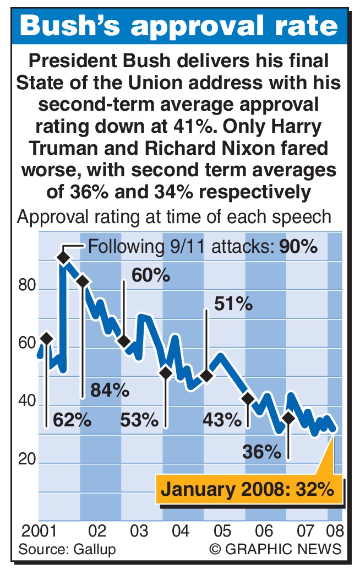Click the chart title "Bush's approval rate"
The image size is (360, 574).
[x=180, y=27]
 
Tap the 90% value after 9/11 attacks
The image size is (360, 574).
[x=298, y=246]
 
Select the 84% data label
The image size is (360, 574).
[x=110, y=391]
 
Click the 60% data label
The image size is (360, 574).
[x=150, y=274]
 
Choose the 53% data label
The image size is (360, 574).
[x=139, y=420]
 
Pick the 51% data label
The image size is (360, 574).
[x=233, y=304]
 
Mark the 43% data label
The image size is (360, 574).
[x=222, y=420]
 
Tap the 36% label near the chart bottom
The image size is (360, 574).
[x=261, y=452]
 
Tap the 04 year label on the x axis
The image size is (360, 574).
[x=180, y=532]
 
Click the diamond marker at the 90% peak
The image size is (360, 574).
[x=63, y=257]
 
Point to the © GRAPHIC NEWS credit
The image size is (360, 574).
[x=275, y=549]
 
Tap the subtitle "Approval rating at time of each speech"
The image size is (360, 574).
[x=174, y=216]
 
